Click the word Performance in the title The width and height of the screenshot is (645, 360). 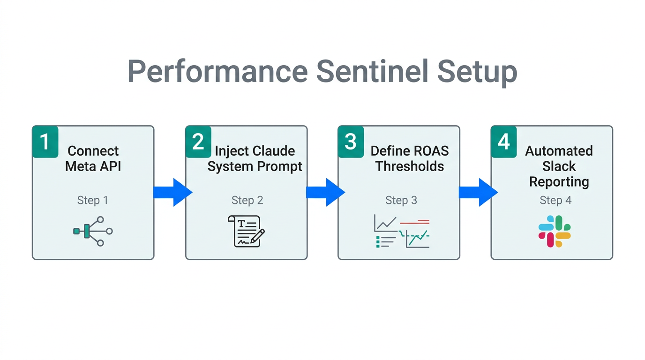tap(217, 72)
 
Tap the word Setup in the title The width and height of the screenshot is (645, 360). tap(477, 72)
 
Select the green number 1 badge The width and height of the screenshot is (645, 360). tap(45, 142)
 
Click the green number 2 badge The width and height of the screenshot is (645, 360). tap(198, 142)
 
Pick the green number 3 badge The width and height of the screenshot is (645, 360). tap(351, 142)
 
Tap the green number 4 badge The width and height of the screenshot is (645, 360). tap(503, 142)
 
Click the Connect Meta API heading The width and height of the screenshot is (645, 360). tap(93, 158)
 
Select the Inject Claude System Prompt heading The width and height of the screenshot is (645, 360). tap(255, 158)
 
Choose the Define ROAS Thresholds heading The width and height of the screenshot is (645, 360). tap(409, 158)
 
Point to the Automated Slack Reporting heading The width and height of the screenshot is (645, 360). tap(559, 166)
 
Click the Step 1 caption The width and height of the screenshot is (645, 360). tap(93, 200)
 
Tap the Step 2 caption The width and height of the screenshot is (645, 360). tap(247, 200)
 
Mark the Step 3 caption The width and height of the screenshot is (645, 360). tap(401, 200)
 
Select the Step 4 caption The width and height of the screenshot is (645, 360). tap(555, 200)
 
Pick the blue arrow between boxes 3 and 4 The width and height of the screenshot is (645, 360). tap(478, 192)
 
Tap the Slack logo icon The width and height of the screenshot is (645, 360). tap(555, 232)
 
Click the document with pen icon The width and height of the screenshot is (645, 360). tap(246, 231)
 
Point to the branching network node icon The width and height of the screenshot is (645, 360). tap(93, 231)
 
